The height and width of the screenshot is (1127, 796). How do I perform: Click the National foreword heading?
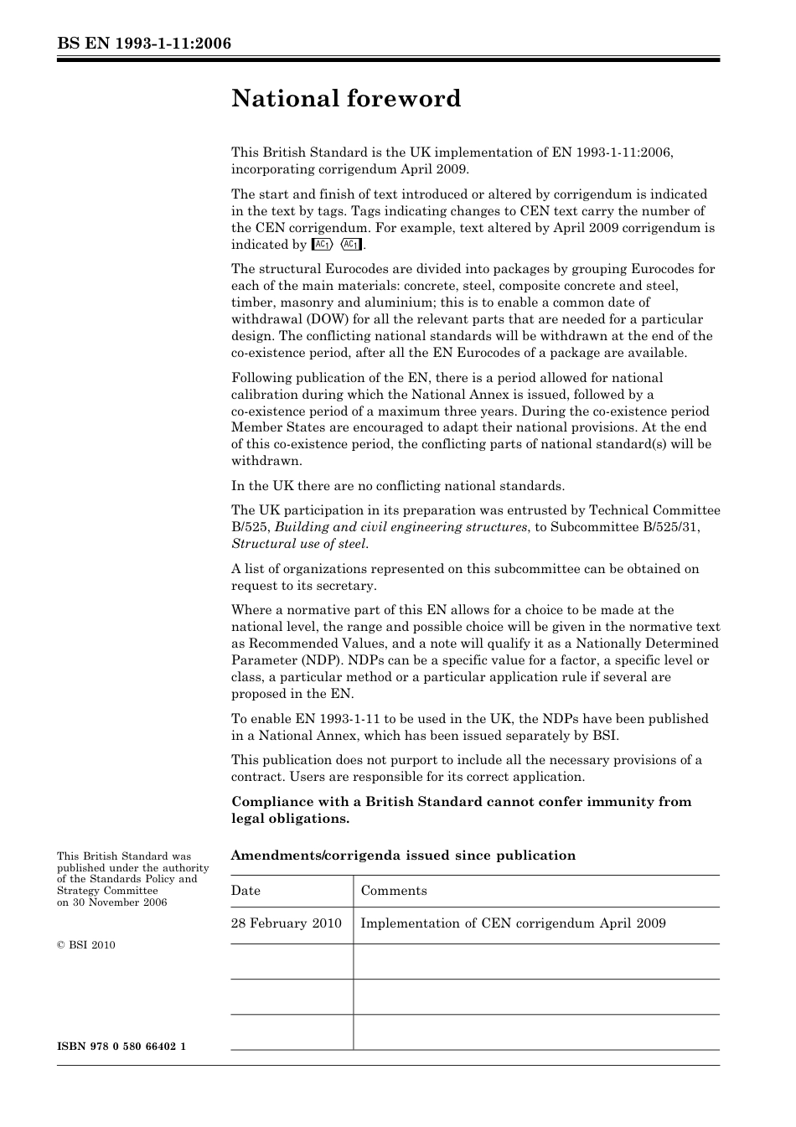coord(346,99)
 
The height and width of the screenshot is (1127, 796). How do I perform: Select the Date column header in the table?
coord(246,891)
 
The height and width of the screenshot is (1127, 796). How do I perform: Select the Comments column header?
coord(394,891)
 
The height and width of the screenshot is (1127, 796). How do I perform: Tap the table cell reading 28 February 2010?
coord(287,923)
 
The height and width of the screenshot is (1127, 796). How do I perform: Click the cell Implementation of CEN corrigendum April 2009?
coord(513,923)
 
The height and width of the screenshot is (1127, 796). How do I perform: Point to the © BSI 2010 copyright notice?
coord(86,945)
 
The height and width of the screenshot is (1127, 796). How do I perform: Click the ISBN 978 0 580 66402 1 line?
coord(121,1047)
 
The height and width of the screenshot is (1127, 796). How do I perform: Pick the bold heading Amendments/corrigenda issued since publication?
coord(403,856)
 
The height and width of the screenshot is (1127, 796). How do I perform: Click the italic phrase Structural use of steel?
coord(299,544)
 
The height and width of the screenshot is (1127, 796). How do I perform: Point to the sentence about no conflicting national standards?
coord(398,486)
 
